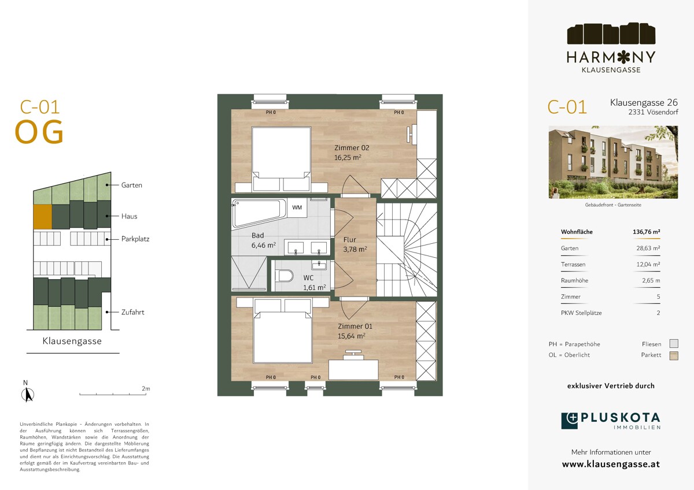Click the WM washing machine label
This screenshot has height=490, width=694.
[297, 207]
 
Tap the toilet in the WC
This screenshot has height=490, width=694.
[284, 276]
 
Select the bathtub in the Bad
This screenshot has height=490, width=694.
[260, 212]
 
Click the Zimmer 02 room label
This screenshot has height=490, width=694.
[352, 148]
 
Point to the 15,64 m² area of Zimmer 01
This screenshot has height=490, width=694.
[352, 336]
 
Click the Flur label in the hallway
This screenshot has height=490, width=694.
[349, 240]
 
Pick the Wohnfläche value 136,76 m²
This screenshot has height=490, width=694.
[647, 232]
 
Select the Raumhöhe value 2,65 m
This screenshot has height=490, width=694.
[651, 280]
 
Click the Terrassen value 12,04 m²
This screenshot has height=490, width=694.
[648, 264]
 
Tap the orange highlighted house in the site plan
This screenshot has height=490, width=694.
[42, 216]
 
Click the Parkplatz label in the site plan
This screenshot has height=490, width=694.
[135, 239]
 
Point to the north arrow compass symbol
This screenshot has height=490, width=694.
[28, 395]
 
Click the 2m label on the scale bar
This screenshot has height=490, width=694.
[146, 388]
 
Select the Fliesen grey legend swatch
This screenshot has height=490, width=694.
[674, 344]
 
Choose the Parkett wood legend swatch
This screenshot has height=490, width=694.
[674, 356]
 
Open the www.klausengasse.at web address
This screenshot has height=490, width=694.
[611, 465]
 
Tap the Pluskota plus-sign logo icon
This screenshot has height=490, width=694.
[570, 421]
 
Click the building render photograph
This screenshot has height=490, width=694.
[613, 162]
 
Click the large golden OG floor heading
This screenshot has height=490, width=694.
[39, 132]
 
